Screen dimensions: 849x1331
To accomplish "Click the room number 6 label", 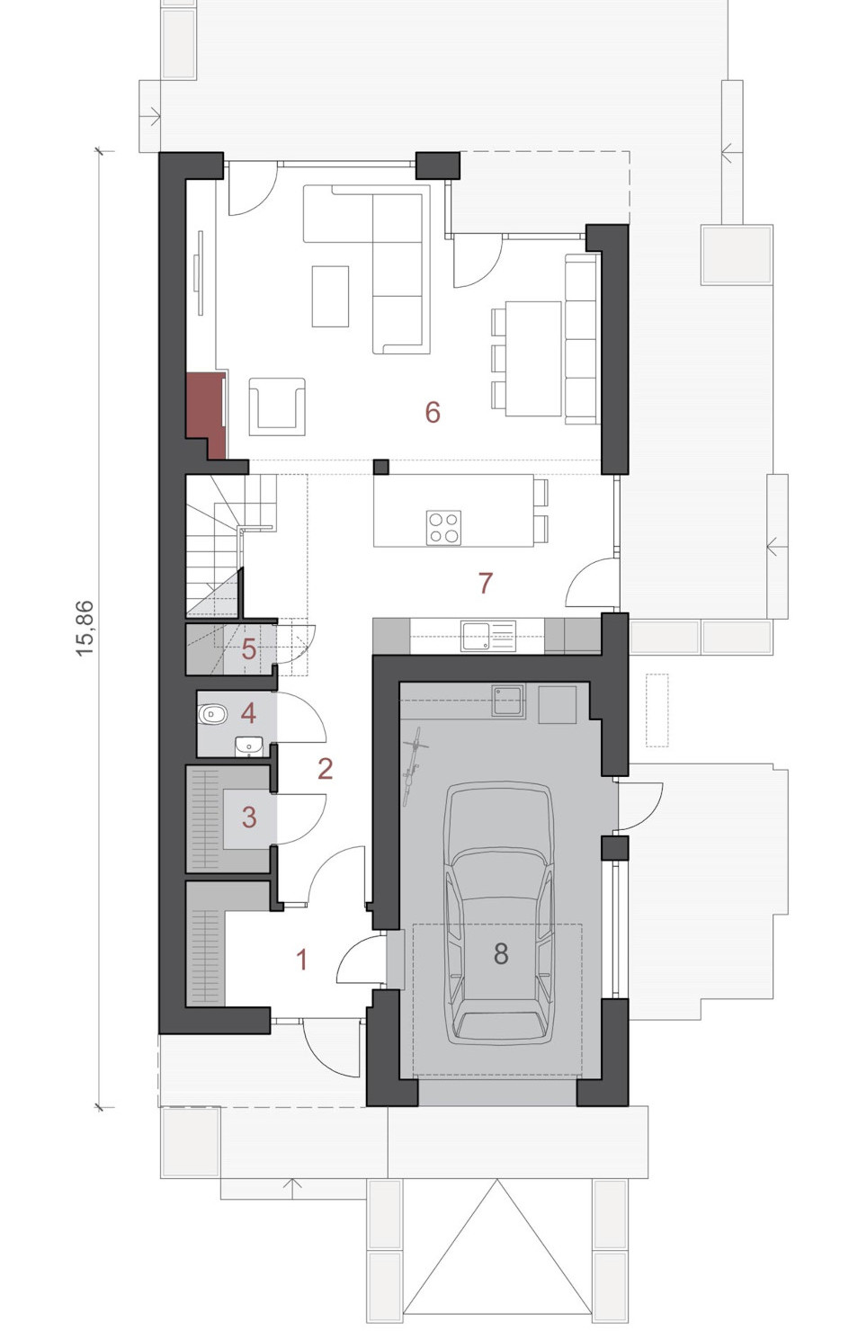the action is pos(433,412).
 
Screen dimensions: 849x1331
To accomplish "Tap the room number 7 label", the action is pos(486,583).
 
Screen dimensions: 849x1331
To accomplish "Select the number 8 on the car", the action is pos(501,953).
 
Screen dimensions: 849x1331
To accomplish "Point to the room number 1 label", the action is pos(302,960).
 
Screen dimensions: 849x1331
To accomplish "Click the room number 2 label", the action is pos(325,769).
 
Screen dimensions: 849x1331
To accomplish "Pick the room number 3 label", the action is pos(249,817).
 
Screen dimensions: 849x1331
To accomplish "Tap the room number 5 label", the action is pos(249,649).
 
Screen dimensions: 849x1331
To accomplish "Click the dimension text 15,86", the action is pos(85,629).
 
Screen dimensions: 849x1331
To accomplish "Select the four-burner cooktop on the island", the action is pos(443,528).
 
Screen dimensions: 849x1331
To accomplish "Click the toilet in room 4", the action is pos(212,714).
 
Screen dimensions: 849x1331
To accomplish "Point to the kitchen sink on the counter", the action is pos(488,637).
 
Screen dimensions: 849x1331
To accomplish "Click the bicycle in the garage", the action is pos(415,766).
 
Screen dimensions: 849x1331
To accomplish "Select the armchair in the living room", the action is pos(277,407).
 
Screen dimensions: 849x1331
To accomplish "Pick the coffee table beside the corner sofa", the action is pos(330,297).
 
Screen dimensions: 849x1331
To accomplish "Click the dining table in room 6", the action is pos(533,359).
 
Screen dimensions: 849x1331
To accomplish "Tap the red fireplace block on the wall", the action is pos(206,415).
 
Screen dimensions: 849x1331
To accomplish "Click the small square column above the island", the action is pos(381,467).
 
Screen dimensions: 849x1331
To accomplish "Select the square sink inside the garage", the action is pos(508,701).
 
